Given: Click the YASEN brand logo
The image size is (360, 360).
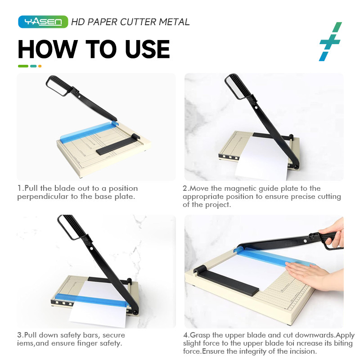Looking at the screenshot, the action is [x=43, y=22].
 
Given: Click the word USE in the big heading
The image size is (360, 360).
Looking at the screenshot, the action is [x=147, y=49].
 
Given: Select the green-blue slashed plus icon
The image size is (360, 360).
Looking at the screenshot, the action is [x=330, y=41].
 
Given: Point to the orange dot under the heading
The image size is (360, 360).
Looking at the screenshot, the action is [x=40, y=66].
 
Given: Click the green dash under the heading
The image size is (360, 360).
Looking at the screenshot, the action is [x=23, y=66].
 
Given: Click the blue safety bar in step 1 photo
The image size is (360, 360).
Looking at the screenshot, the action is [x=89, y=131].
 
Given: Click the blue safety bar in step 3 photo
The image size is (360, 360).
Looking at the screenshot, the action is [x=92, y=300].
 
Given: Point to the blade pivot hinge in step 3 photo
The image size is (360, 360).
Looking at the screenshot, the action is [x=135, y=312].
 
